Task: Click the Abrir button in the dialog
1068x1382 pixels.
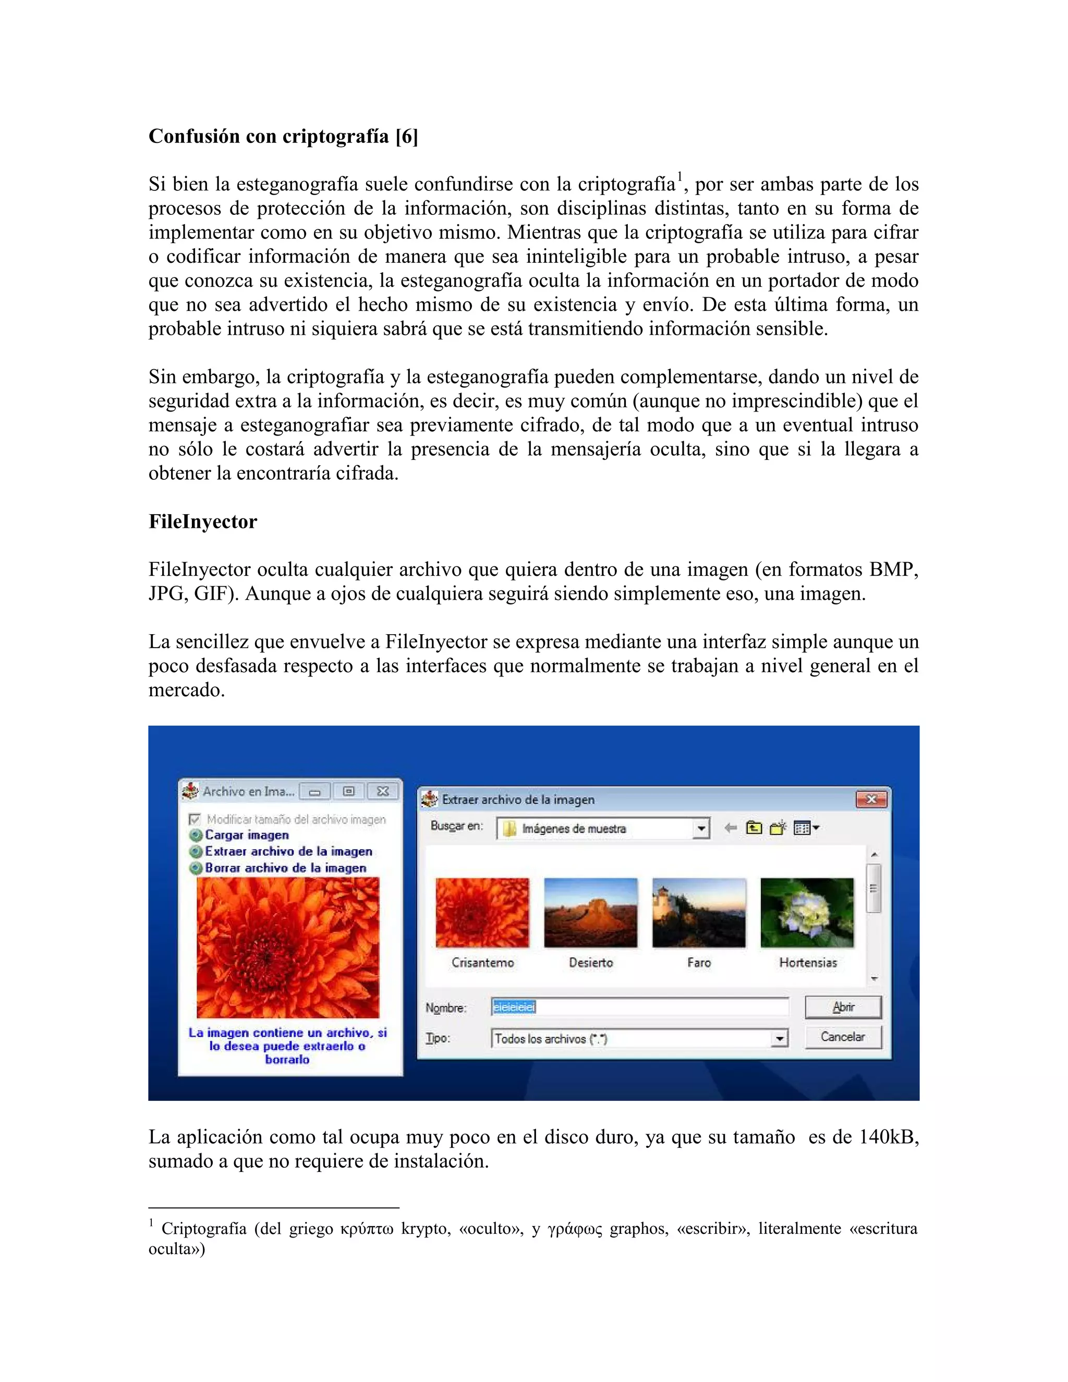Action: coord(843,1007)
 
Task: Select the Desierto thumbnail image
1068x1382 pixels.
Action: coord(590,913)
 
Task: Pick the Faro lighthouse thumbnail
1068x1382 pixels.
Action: coord(698,913)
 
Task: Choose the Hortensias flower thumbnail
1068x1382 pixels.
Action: coord(807,913)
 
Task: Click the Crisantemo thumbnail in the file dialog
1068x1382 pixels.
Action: coord(482,913)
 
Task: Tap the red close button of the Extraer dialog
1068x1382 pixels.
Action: coord(871,799)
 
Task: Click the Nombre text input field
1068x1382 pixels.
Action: coord(639,1007)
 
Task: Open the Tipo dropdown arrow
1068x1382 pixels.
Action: coord(780,1038)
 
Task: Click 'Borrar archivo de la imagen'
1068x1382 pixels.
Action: coord(285,868)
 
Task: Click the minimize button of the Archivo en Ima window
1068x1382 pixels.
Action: coord(314,792)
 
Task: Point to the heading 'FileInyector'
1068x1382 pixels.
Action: coord(202,522)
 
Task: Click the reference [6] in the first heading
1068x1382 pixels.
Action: coord(406,136)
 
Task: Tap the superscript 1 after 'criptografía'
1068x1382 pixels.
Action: coord(679,176)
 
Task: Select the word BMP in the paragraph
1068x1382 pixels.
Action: coord(890,569)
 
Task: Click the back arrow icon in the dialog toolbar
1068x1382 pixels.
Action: coord(730,828)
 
